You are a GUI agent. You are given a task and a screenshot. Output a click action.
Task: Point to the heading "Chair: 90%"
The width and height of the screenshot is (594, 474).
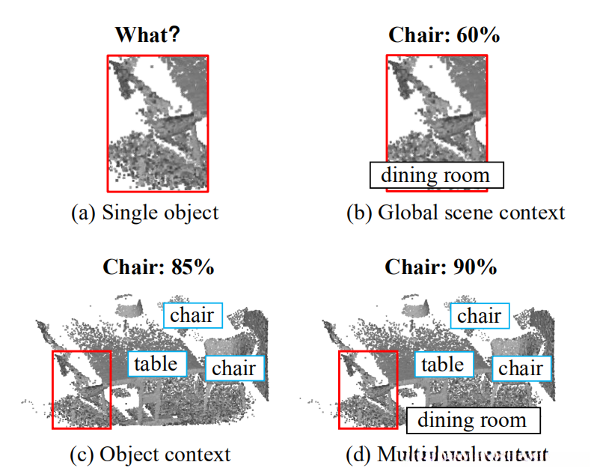click(441, 267)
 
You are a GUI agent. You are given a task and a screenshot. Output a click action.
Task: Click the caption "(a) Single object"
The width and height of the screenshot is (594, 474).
click(144, 212)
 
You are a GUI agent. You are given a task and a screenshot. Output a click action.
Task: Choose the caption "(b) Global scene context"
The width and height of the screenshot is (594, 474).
click(456, 212)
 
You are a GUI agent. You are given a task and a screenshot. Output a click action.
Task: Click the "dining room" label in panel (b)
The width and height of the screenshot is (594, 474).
click(436, 175)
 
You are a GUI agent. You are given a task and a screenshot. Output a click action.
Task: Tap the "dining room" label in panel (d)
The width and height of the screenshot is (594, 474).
click(472, 420)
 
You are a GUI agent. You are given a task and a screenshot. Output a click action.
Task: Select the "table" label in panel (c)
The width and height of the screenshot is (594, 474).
click(156, 364)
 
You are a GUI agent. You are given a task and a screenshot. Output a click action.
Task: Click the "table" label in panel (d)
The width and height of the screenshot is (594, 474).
click(443, 365)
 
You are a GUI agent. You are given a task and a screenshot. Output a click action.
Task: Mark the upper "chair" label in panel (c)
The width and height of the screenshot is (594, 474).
click(192, 315)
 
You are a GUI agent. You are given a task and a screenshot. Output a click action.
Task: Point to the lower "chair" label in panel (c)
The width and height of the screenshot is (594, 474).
click(233, 368)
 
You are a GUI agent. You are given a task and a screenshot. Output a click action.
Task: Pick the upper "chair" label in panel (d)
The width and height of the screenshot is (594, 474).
click(479, 316)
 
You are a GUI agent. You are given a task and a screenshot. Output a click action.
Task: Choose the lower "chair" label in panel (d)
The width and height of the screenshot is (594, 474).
click(521, 368)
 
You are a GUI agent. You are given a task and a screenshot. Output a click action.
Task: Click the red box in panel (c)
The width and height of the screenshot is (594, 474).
click(81, 389)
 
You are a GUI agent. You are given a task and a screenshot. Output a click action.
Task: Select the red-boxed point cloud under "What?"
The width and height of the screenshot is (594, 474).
click(157, 123)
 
